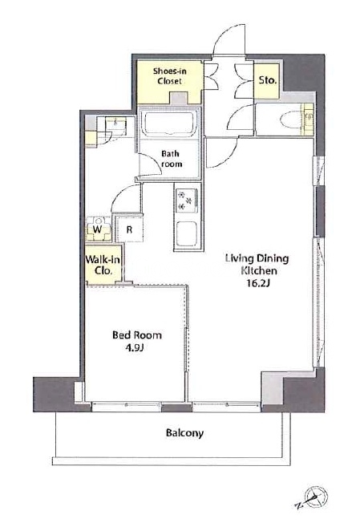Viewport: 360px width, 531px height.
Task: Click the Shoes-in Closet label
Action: tap(169, 76)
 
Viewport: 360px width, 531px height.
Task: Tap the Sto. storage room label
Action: tap(268, 80)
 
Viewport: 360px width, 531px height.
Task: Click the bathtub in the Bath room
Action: tap(169, 122)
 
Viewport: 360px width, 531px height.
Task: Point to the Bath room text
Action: tap(172, 159)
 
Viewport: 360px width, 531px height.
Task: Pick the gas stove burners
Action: tap(185, 201)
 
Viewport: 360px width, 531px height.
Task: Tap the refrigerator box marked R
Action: tap(129, 229)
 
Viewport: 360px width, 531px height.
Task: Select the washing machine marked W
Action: tap(98, 229)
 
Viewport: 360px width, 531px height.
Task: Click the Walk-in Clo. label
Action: tap(103, 265)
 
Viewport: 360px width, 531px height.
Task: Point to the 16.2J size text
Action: tap(258, 283)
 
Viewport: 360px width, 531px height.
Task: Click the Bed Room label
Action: tap(137, 335)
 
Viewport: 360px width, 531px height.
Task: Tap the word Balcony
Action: tap(184, 433)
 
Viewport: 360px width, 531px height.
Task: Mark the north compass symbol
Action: tap(313, 498)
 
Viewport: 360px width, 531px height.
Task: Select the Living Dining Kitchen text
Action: tap(257, 265)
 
